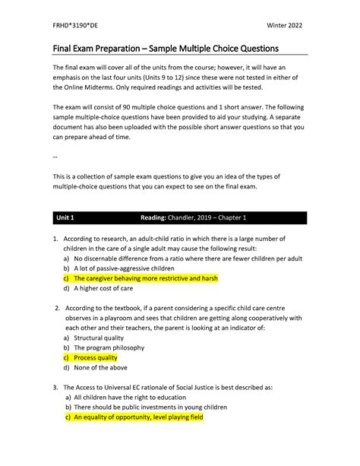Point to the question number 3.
click(x=55, y=387)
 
